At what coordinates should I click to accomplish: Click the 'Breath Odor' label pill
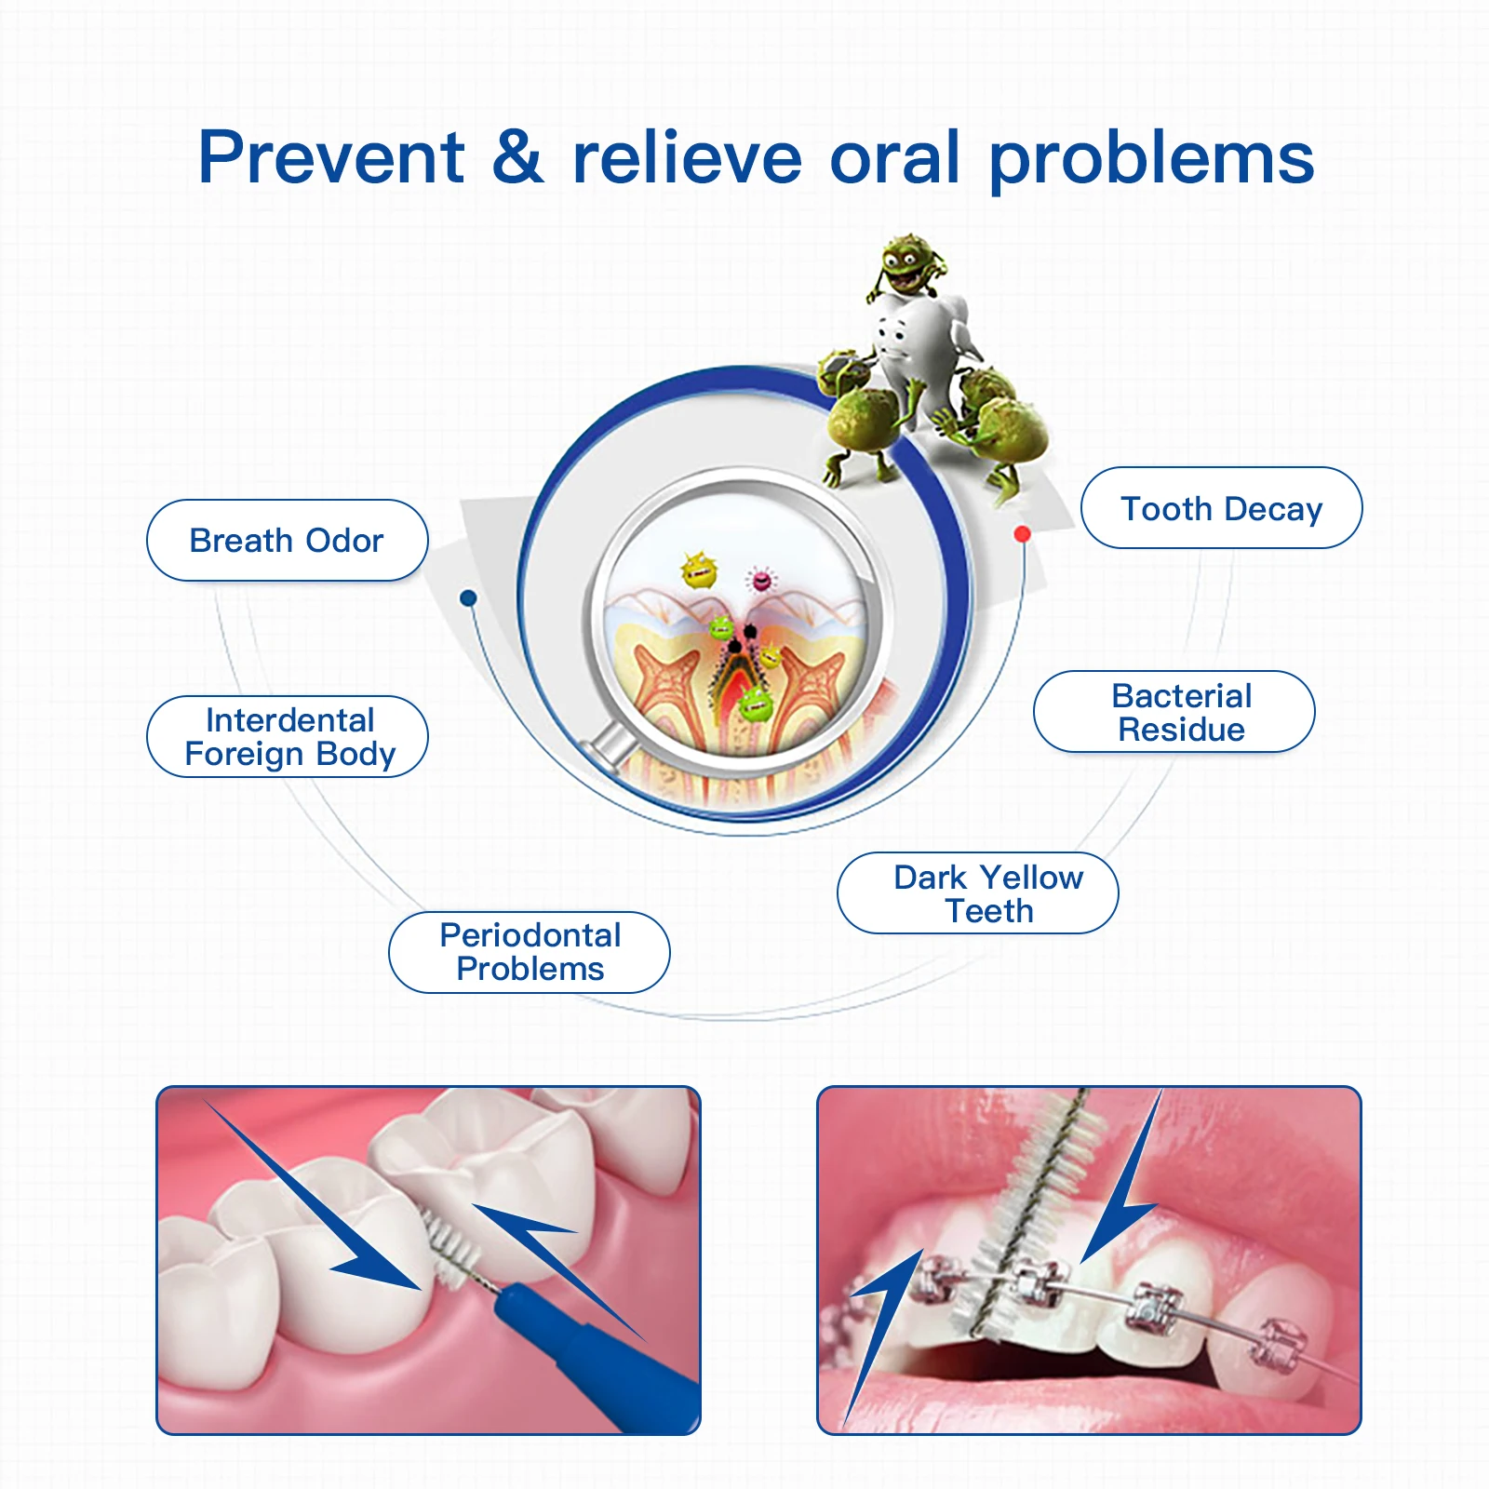(287, 541)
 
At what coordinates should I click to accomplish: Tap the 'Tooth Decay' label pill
(1221, 508)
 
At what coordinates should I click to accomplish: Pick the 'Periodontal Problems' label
(529, 952)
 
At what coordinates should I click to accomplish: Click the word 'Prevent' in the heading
(331, 157)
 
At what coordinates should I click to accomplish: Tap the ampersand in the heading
(517, 156)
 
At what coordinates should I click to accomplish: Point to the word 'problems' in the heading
(1151, 159)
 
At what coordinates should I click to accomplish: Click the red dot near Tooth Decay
(1022, 534)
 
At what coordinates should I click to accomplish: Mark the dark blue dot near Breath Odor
(469, 597)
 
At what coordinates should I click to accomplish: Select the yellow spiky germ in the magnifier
(699, 570)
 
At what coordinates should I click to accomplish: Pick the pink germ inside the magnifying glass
(761, 581)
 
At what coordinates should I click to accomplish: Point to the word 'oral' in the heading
(894, 157)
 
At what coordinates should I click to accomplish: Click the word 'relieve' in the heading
(687, 157)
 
